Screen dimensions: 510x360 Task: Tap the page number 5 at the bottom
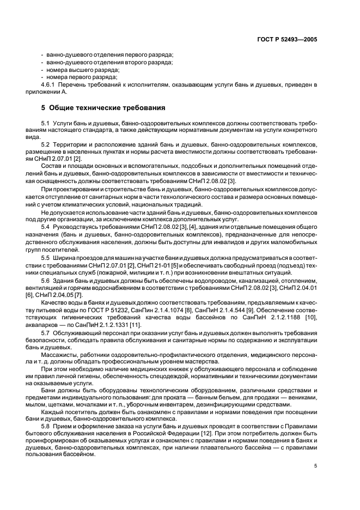point(315,466)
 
